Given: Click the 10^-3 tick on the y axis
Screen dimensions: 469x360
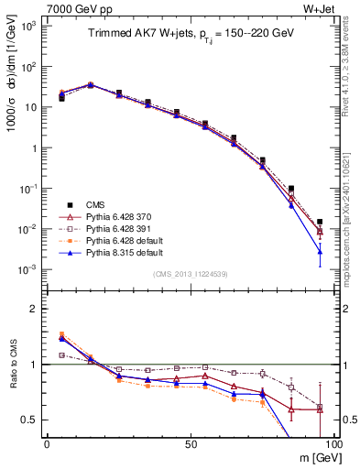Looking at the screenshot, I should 29,269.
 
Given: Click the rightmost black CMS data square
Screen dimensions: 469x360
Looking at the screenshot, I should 320,222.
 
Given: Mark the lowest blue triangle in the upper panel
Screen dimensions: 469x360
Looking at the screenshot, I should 320,251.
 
